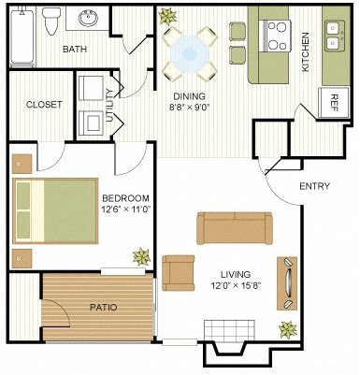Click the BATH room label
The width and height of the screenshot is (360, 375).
point(75,49)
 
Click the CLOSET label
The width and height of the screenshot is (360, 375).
point(44,105)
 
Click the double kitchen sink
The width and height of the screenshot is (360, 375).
point(334,36)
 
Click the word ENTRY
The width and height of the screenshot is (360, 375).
point(314,185)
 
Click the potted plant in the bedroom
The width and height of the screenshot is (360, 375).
point(140,255)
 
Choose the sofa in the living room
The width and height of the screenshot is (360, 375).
point(235,228)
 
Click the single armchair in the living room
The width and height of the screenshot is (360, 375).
point(179,272)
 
